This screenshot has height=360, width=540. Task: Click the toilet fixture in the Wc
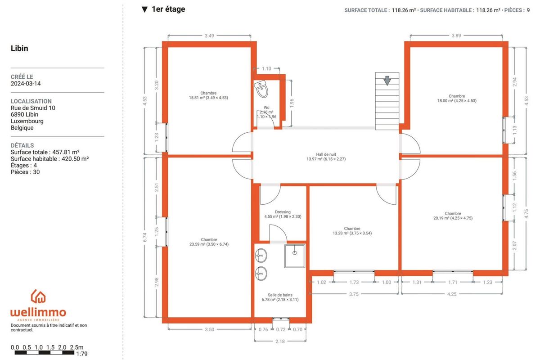(x=261, y=89)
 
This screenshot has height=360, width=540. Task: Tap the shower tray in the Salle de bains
(x=295, y=256)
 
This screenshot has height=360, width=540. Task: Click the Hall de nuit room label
(x=326, y=157)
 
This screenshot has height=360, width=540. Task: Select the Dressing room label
(x=283, y=214)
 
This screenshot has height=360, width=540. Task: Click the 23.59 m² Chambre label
(x=209, y=242)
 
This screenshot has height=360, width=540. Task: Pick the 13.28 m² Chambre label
(x=352, y=231)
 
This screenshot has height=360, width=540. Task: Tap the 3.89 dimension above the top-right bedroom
(x=456, y=36)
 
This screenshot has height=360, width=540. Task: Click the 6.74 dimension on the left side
(x=144, y=237)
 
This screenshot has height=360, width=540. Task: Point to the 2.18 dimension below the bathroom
(x=280, y=341)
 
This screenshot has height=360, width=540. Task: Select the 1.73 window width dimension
(x=354, y=282)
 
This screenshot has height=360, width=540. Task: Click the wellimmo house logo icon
(x=38, y=297)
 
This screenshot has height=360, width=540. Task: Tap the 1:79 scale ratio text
(x=82, y=354)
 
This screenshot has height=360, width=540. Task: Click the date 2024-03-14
(x=26, y=83)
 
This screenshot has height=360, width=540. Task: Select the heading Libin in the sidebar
(x=19, y=48)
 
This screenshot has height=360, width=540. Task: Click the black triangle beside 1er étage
(x=144, y=9)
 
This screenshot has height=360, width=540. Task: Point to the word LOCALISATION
(x=31, y=101)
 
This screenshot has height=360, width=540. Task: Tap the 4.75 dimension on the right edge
(x=526, y=214)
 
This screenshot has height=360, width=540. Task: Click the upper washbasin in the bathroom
(x=261, y=255)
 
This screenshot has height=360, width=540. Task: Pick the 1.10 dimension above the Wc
(x=266, y=69)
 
